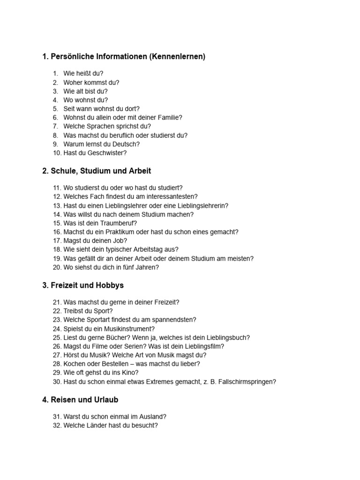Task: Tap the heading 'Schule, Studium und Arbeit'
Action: pyautogui.click(x=97, y=171)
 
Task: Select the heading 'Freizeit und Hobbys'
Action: pyautogui.click(x=83, y=285)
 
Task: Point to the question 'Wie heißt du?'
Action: pyautogui.click(x=83, y=74)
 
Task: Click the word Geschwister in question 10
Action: pyautogui.click(x=109, y=153)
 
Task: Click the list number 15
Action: pyautogui.click(x=57, y=223)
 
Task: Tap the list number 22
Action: pyautogui.click(x=57, y=311)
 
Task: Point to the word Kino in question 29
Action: pyautogui.click(x=129, y=373)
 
